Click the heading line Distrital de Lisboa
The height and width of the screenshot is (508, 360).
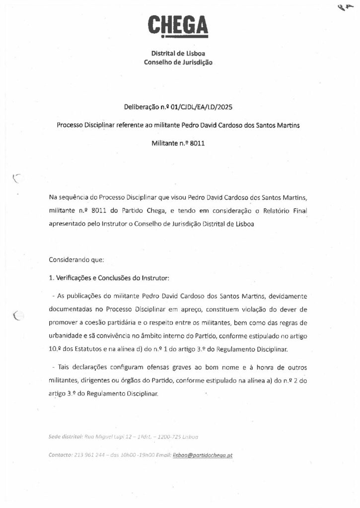point(178,54)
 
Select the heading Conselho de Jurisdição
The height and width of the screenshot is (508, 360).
point(178,63)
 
